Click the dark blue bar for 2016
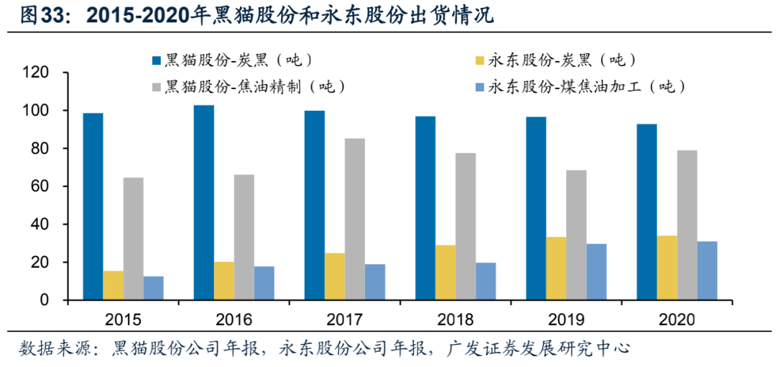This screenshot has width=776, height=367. pos(204,202)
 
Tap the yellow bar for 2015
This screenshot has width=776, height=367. pos(113,285)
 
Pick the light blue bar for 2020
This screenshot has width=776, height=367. pos(707,271)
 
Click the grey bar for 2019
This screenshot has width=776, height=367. pos(576,235)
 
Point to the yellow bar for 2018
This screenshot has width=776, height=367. pos(445,272)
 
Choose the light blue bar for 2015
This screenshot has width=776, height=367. pos(153,288)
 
